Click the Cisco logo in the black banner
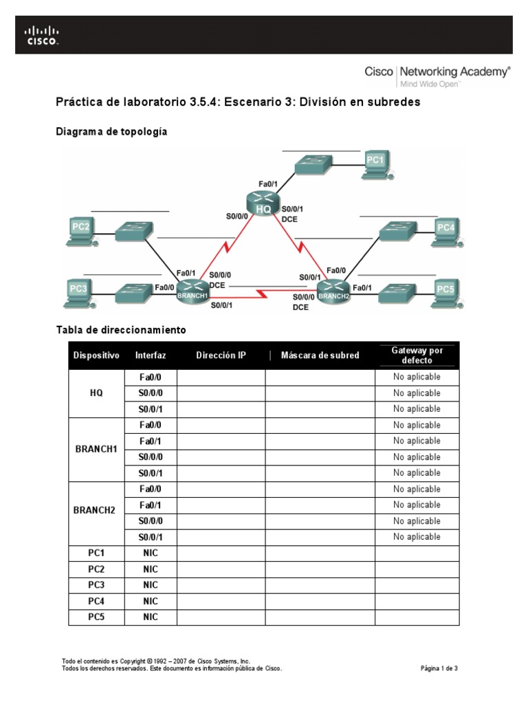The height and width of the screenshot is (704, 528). coord(42,35)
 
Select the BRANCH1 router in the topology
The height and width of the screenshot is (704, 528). coord(193,291)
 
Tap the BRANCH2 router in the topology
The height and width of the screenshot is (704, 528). coord(333,291)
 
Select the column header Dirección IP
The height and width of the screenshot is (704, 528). coord(221,355)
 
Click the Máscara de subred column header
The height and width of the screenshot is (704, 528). coord(320,355)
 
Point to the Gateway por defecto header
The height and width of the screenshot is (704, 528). coord(417,355)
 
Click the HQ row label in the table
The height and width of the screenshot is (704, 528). coord(96,393)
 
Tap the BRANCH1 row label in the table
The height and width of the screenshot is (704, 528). coord(96,449)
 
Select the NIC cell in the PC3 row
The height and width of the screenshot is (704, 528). coord(151,585)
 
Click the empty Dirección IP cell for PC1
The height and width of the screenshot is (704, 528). coord(221,553)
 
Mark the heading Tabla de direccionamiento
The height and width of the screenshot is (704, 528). coord(120,330)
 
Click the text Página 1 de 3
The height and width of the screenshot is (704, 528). coord(439,668)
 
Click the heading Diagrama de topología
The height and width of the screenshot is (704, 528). coord(111,131)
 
